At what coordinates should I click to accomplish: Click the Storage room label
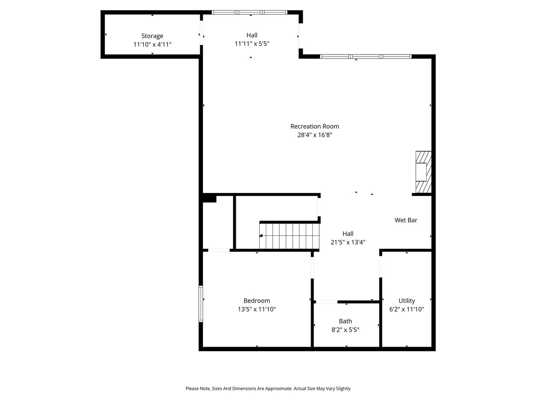click(x=152, y=36)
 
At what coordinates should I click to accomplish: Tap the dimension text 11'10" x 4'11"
click(x=152, y=44)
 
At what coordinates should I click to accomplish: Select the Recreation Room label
click(x=314, y=126)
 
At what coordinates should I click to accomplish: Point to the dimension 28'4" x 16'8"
click(x=314, y=135)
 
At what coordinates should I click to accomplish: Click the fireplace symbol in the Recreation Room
click(x=423, y=172)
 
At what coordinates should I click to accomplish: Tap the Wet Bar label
click(x=406, y=220)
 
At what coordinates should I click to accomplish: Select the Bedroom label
click(x=257, y=301)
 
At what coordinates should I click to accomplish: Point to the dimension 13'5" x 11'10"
click(x=257, y=309)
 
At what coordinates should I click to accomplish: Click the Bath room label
click(x=345, y=321)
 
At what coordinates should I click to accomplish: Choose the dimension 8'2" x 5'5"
click(x=345, y=330)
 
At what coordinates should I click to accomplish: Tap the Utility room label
click(x=407, y=301)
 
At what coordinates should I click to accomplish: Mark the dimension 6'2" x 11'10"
click(x=407, y=309)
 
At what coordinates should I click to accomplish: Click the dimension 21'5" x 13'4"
click(x=348, y=242)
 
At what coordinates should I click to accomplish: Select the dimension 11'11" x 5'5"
click(x=252, y=44)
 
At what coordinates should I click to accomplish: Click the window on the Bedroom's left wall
click(x=201, y=304)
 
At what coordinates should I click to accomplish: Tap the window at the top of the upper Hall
click(x=250, y=12)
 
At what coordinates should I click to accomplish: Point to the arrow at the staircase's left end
click(x=261, y=236)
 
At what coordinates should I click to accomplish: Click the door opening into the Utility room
click(x=381, y=266)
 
